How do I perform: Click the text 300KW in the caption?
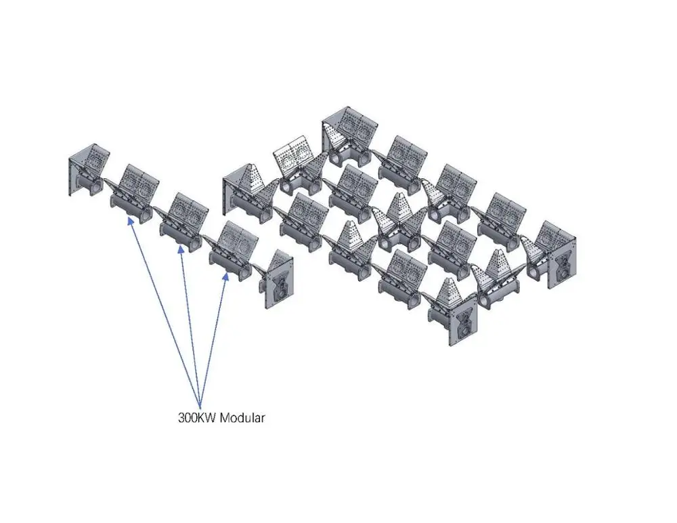(197, 418)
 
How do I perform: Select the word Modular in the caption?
(242, 418)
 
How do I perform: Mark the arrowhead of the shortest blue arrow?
(225, 276)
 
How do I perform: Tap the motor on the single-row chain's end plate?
(280, 287)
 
